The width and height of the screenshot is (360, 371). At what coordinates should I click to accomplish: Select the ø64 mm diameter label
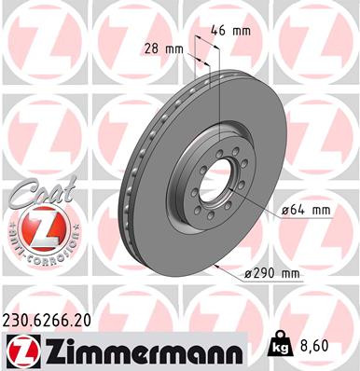pos(306,211)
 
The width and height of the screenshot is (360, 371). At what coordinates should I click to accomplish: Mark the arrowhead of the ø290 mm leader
pos(216,266)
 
